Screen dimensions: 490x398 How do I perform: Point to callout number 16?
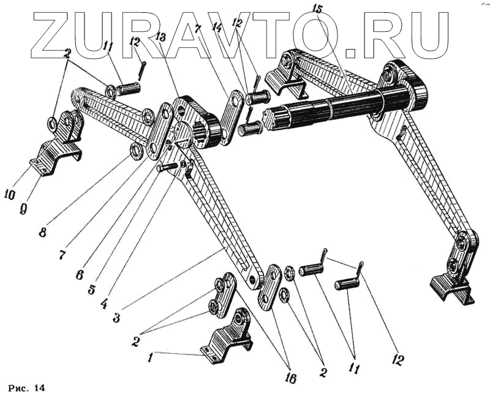[x=290, y=378]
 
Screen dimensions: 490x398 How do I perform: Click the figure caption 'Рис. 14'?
[x=27, y=388]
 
